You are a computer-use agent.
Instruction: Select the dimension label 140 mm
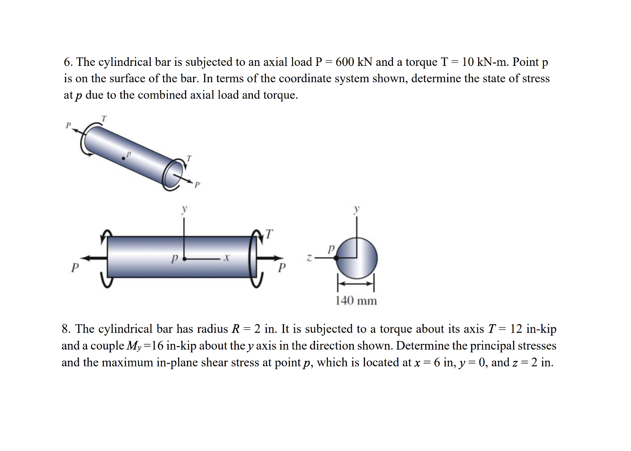tap(356, 301)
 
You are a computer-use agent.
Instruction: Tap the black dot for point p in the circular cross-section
tap(336, 258)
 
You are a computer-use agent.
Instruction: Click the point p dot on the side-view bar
tap(184, 258)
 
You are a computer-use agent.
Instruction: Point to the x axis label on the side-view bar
tap(226, 257)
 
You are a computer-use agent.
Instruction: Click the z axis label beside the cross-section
tap(310, 257)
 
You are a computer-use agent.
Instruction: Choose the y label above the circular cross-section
tap(357, 209)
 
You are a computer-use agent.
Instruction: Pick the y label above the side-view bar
tap(184, 209)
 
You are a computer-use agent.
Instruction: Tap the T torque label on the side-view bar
tap(269, 234)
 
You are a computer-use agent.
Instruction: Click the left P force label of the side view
tap(75, 268)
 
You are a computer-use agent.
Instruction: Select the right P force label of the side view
tap(282, 268)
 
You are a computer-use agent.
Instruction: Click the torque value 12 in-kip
tap(533, 329)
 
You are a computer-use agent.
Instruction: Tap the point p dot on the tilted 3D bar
tap(123, 158)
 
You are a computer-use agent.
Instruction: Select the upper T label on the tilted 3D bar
tap(104, 118)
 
